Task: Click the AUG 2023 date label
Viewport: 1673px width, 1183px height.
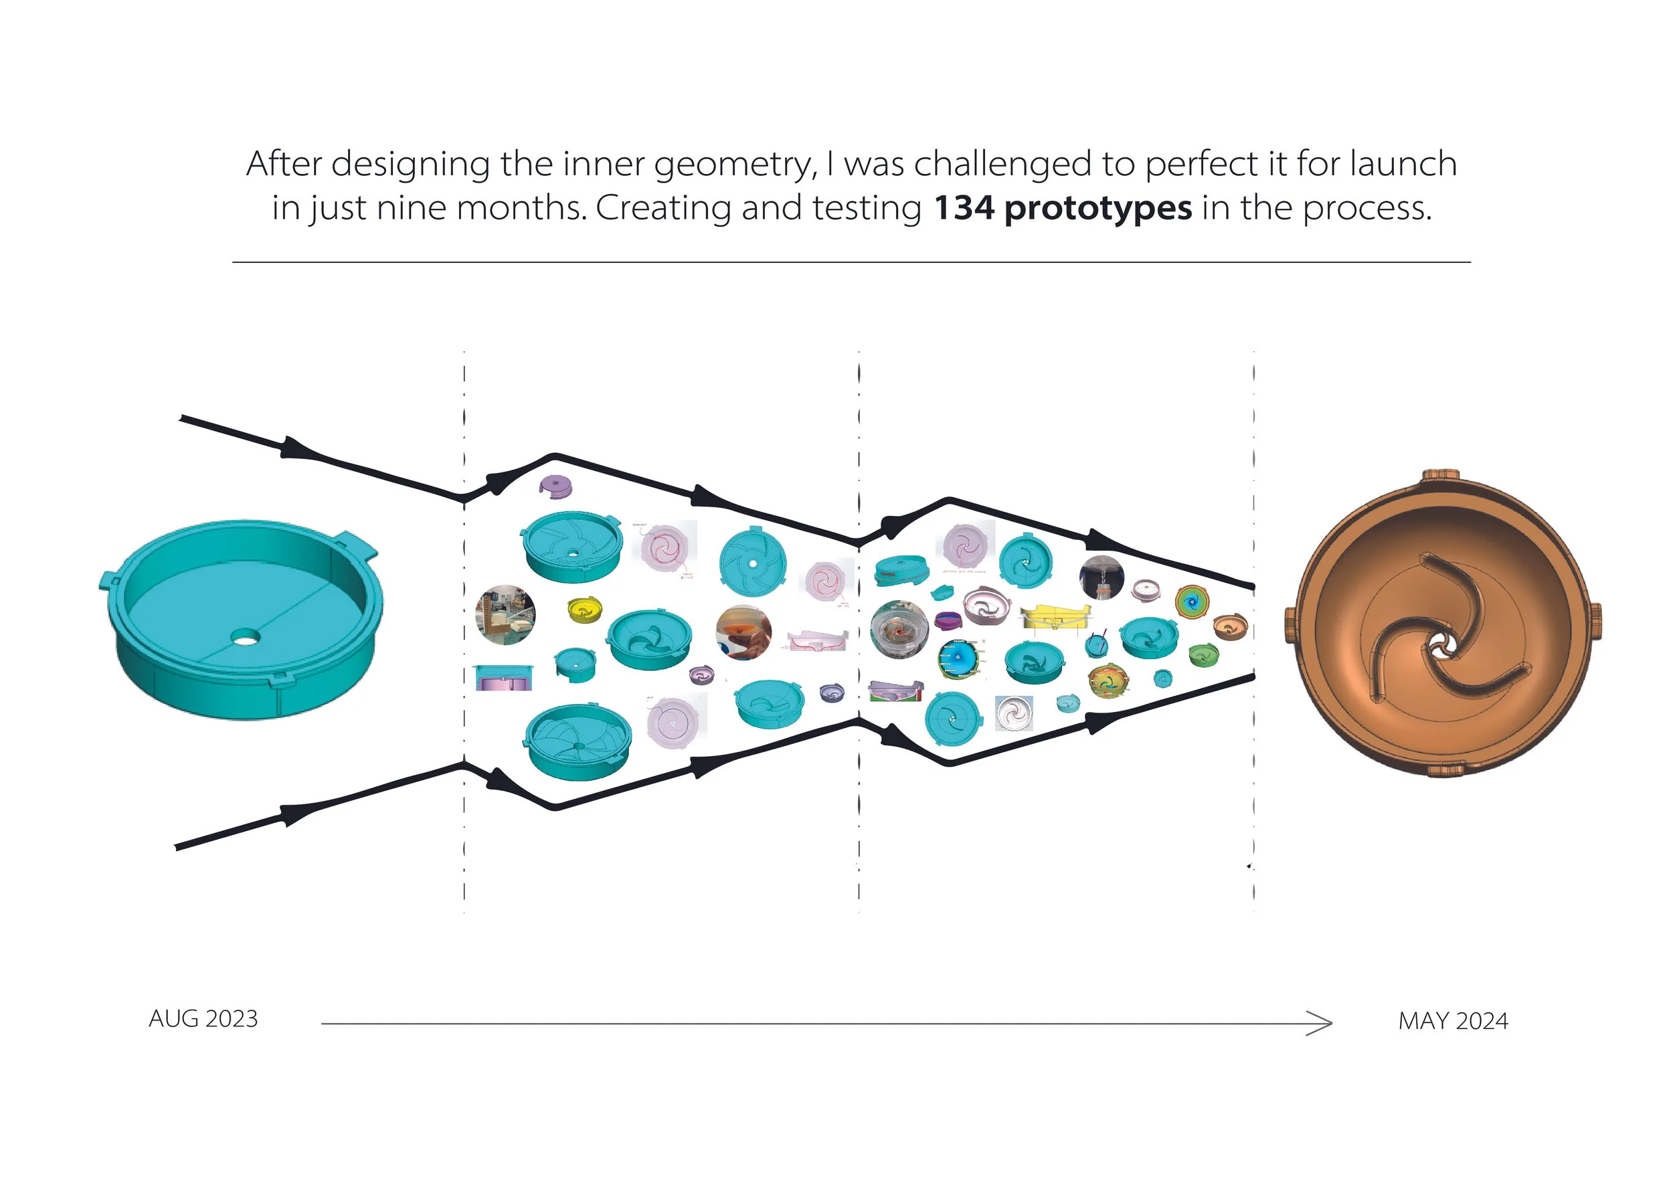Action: point(203,1018)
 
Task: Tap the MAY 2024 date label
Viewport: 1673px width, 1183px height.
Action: point(1452,1020)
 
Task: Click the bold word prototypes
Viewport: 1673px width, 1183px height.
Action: point(1098,209)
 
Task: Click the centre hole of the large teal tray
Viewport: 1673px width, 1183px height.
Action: point(245,638)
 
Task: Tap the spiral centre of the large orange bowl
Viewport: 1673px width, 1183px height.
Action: point(1441,644)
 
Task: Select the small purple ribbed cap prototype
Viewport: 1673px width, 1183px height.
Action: point(556,486)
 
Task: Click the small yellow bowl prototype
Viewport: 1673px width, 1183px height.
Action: point(584,610)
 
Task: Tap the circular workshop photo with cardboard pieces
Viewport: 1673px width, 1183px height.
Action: point(505,615)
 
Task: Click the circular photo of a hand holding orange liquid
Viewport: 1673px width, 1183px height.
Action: point(743,632)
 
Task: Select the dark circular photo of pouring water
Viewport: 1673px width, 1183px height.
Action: point(1101,577)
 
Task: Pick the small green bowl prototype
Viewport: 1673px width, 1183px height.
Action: point(1203,654)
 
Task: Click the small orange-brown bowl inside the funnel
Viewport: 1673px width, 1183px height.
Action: point(1230,626)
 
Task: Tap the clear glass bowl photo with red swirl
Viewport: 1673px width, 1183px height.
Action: point(899,630)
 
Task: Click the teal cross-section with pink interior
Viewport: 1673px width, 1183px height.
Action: point(503,677)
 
